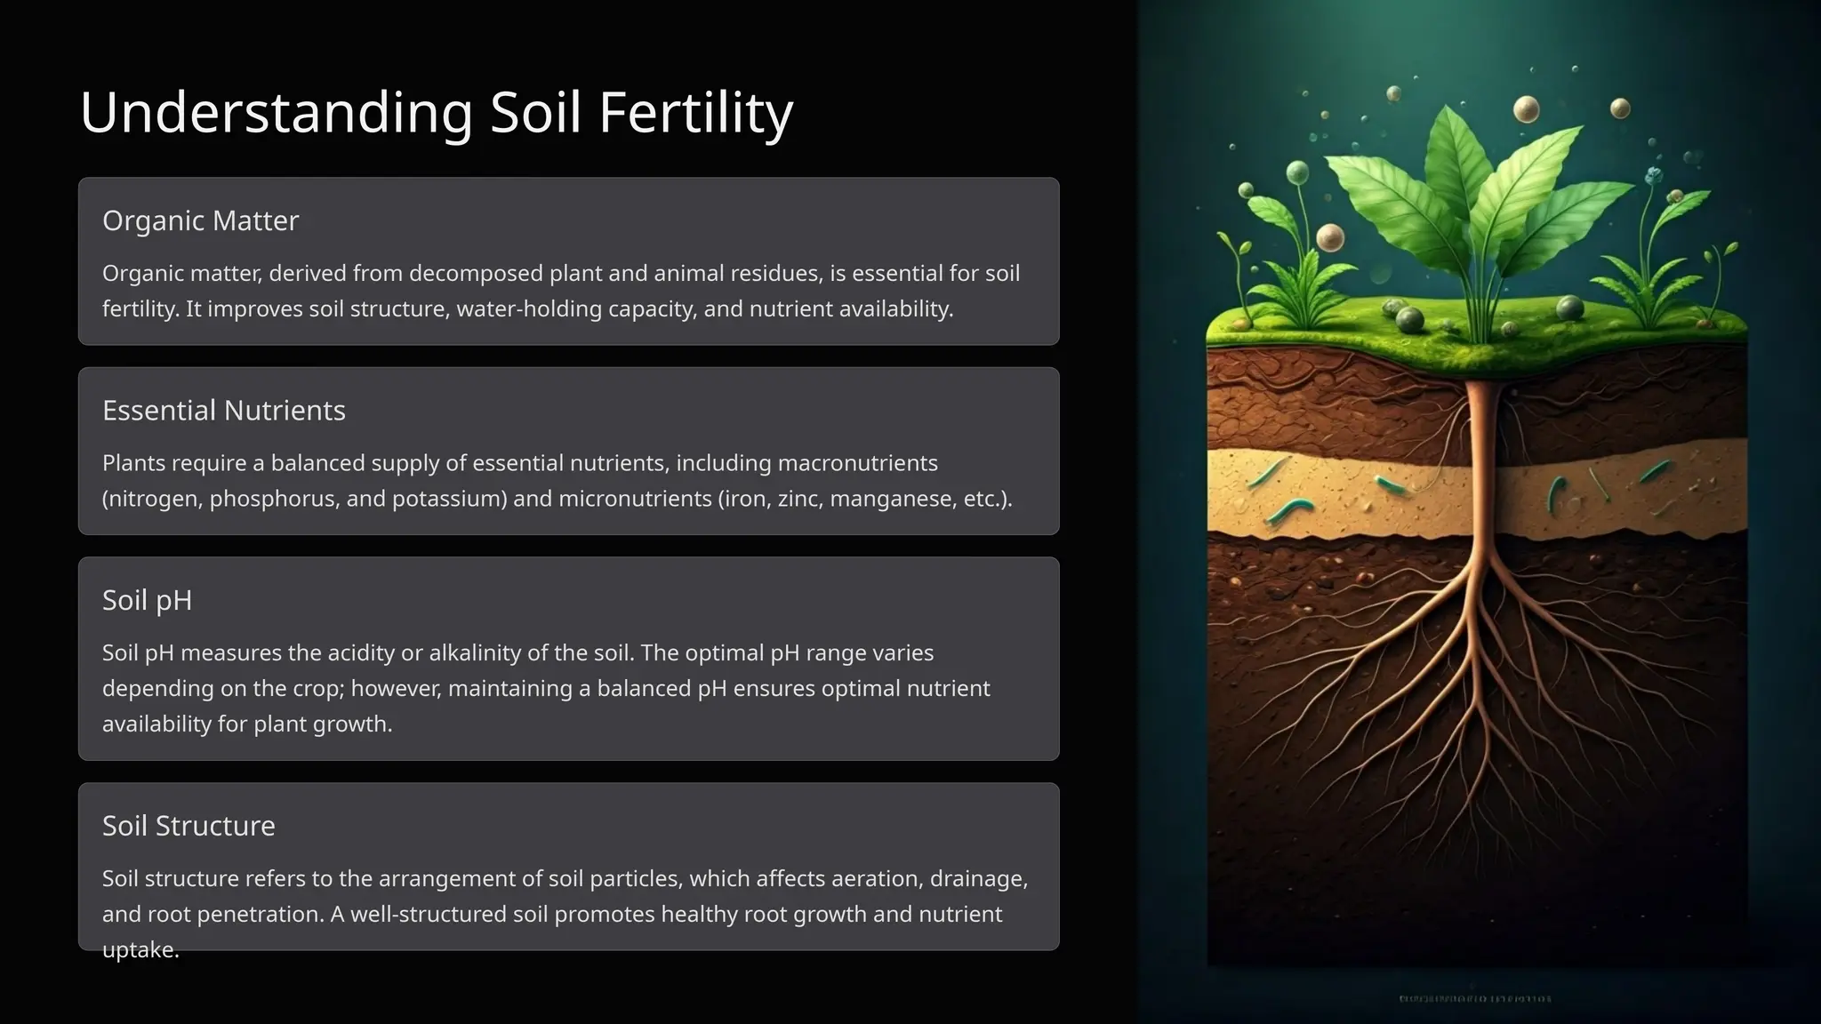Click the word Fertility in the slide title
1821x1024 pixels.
pyautogui.click(x=695, y=113)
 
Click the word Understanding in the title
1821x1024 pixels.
pyautogui.click(x=276, y=113)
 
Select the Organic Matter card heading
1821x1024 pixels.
pyautogui.click(x=200, y=220)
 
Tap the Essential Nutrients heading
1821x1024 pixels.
pyautogui.click(x=223, y=411)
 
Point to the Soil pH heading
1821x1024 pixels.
pyautogui.click(x=147, y=600)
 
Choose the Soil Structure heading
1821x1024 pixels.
pyautogui.click(x=189, y=826)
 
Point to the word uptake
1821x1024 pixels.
pyautogui.click(x=140, y=950)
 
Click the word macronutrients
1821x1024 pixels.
pyautogui.click(x=857, y=463)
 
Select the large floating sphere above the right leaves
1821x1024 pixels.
pyautogui.click(x=1526, y=109)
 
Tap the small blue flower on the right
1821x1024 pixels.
pyautogui.click(x=1654, y=174)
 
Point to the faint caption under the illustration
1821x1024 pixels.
pyautogui.click(x=1476, y=999)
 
